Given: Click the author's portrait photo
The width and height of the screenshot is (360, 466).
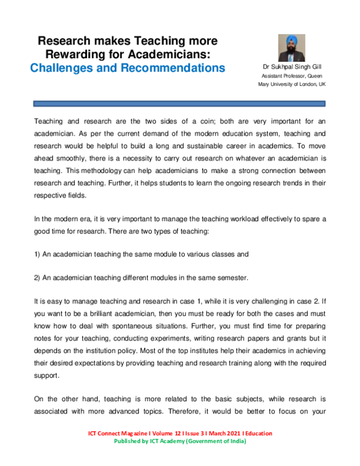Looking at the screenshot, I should pos(292,47).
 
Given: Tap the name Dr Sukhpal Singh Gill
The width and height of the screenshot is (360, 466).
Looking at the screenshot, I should pos(292,67).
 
